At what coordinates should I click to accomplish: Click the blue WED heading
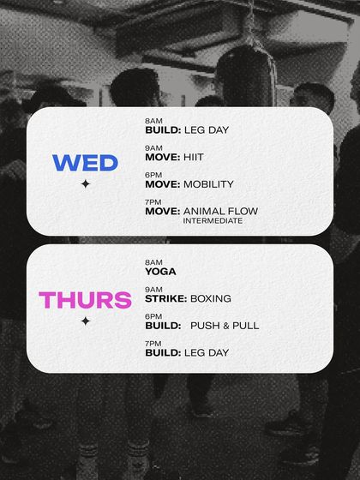point(85,163)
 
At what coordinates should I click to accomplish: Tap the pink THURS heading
point(85,300)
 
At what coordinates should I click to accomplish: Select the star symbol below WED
point(85,184)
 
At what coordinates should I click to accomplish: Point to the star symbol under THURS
point(85,321)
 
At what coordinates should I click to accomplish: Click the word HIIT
point(195,157)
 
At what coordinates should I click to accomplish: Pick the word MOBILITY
point(208,184)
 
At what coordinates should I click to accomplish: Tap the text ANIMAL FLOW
point(220,211)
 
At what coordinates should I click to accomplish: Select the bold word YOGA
point(160,272)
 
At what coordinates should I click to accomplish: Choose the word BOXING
point(211,299)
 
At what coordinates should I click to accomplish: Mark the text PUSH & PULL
point(225,326)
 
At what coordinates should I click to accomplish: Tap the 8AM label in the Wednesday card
point(153,121)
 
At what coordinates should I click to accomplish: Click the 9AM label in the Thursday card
point(153,290)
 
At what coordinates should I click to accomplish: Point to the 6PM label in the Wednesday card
point(153,175)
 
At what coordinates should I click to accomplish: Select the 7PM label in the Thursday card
point(153,343)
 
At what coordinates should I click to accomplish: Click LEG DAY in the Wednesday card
point(207,130)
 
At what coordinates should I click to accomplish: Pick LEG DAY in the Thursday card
point(207,352)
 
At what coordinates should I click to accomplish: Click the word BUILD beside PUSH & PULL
point(162,326)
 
